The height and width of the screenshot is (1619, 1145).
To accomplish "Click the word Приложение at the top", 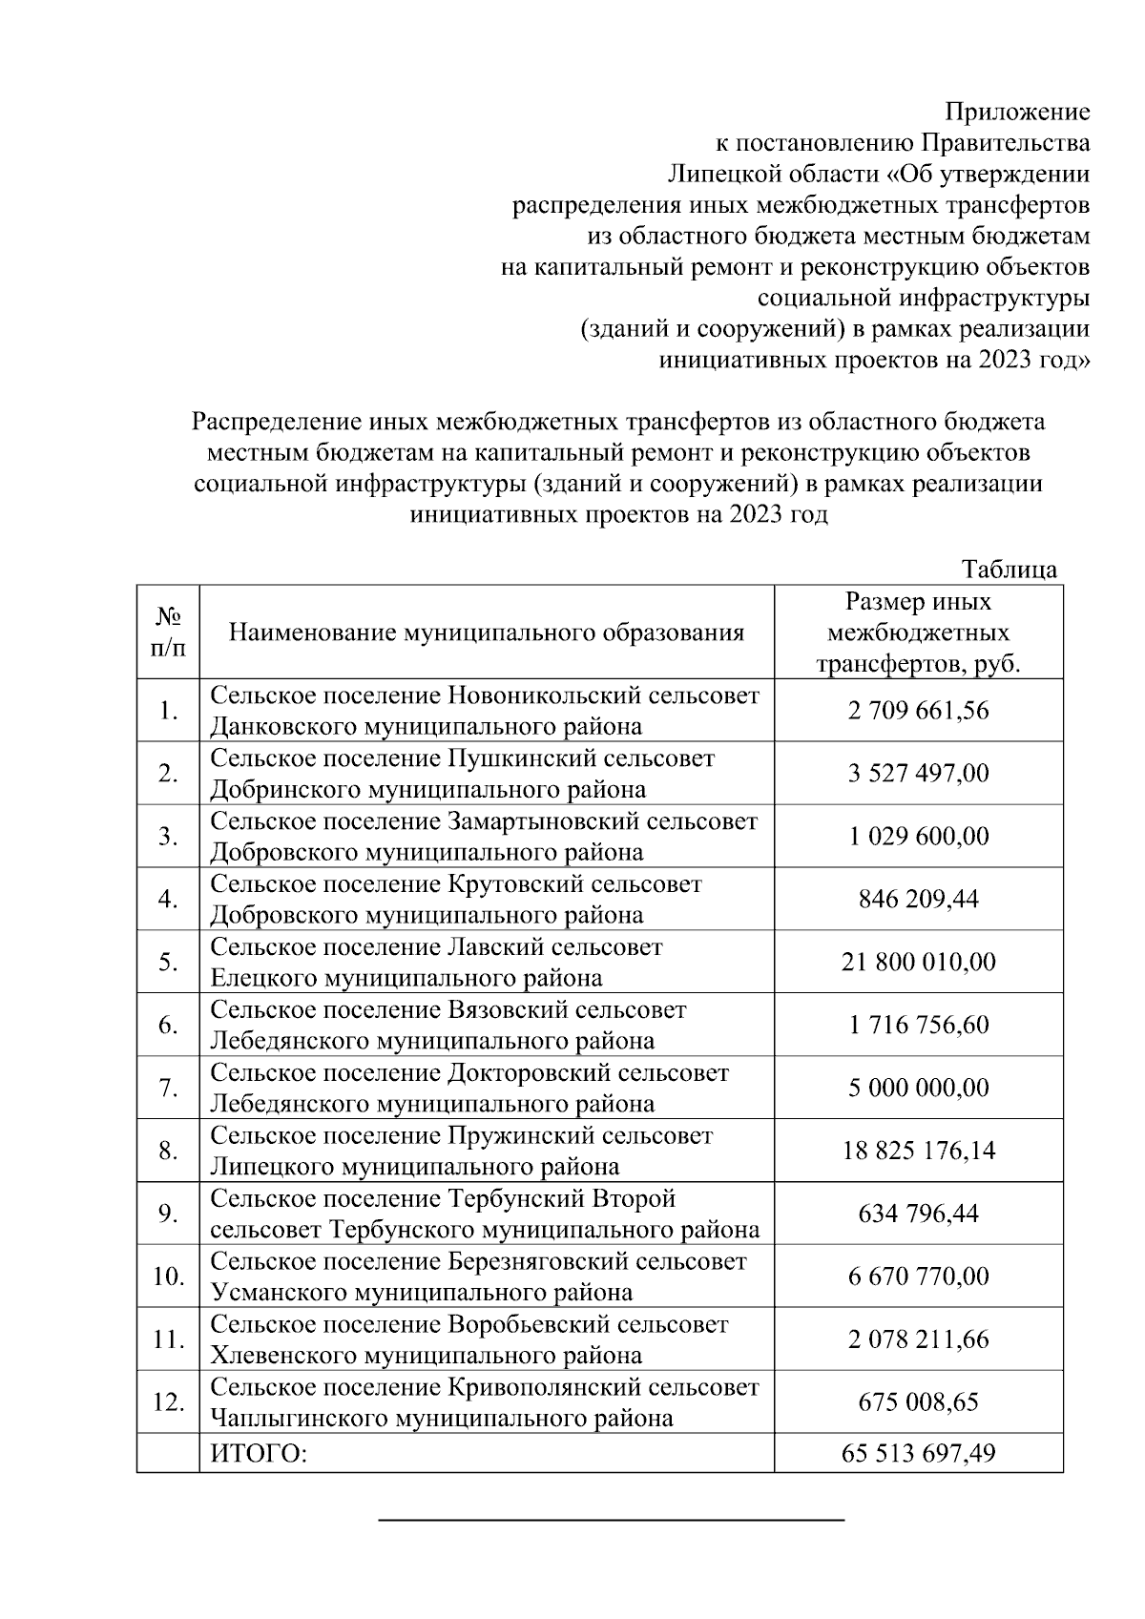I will (1017, 113).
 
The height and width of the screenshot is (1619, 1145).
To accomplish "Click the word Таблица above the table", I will (1010, 570).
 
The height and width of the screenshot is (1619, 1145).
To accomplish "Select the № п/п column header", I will (168, 632).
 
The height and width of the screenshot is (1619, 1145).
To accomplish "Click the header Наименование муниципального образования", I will (487, 633).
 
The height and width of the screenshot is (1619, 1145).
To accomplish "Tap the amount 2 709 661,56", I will (918, 711).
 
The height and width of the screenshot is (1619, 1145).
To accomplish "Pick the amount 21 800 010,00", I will (918, 962).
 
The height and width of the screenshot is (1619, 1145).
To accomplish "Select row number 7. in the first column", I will (169, 1088).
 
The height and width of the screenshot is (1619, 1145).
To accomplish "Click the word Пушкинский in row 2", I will (511, 758).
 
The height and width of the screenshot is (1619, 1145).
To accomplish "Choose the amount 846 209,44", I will (918, 899).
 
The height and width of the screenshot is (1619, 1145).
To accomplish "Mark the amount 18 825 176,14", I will (918, 1151).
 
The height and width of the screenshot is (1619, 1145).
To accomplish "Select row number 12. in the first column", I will (169, 1402).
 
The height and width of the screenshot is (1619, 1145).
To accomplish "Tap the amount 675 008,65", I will (918, 1402).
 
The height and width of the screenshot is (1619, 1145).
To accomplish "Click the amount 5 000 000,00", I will (918, 1088).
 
